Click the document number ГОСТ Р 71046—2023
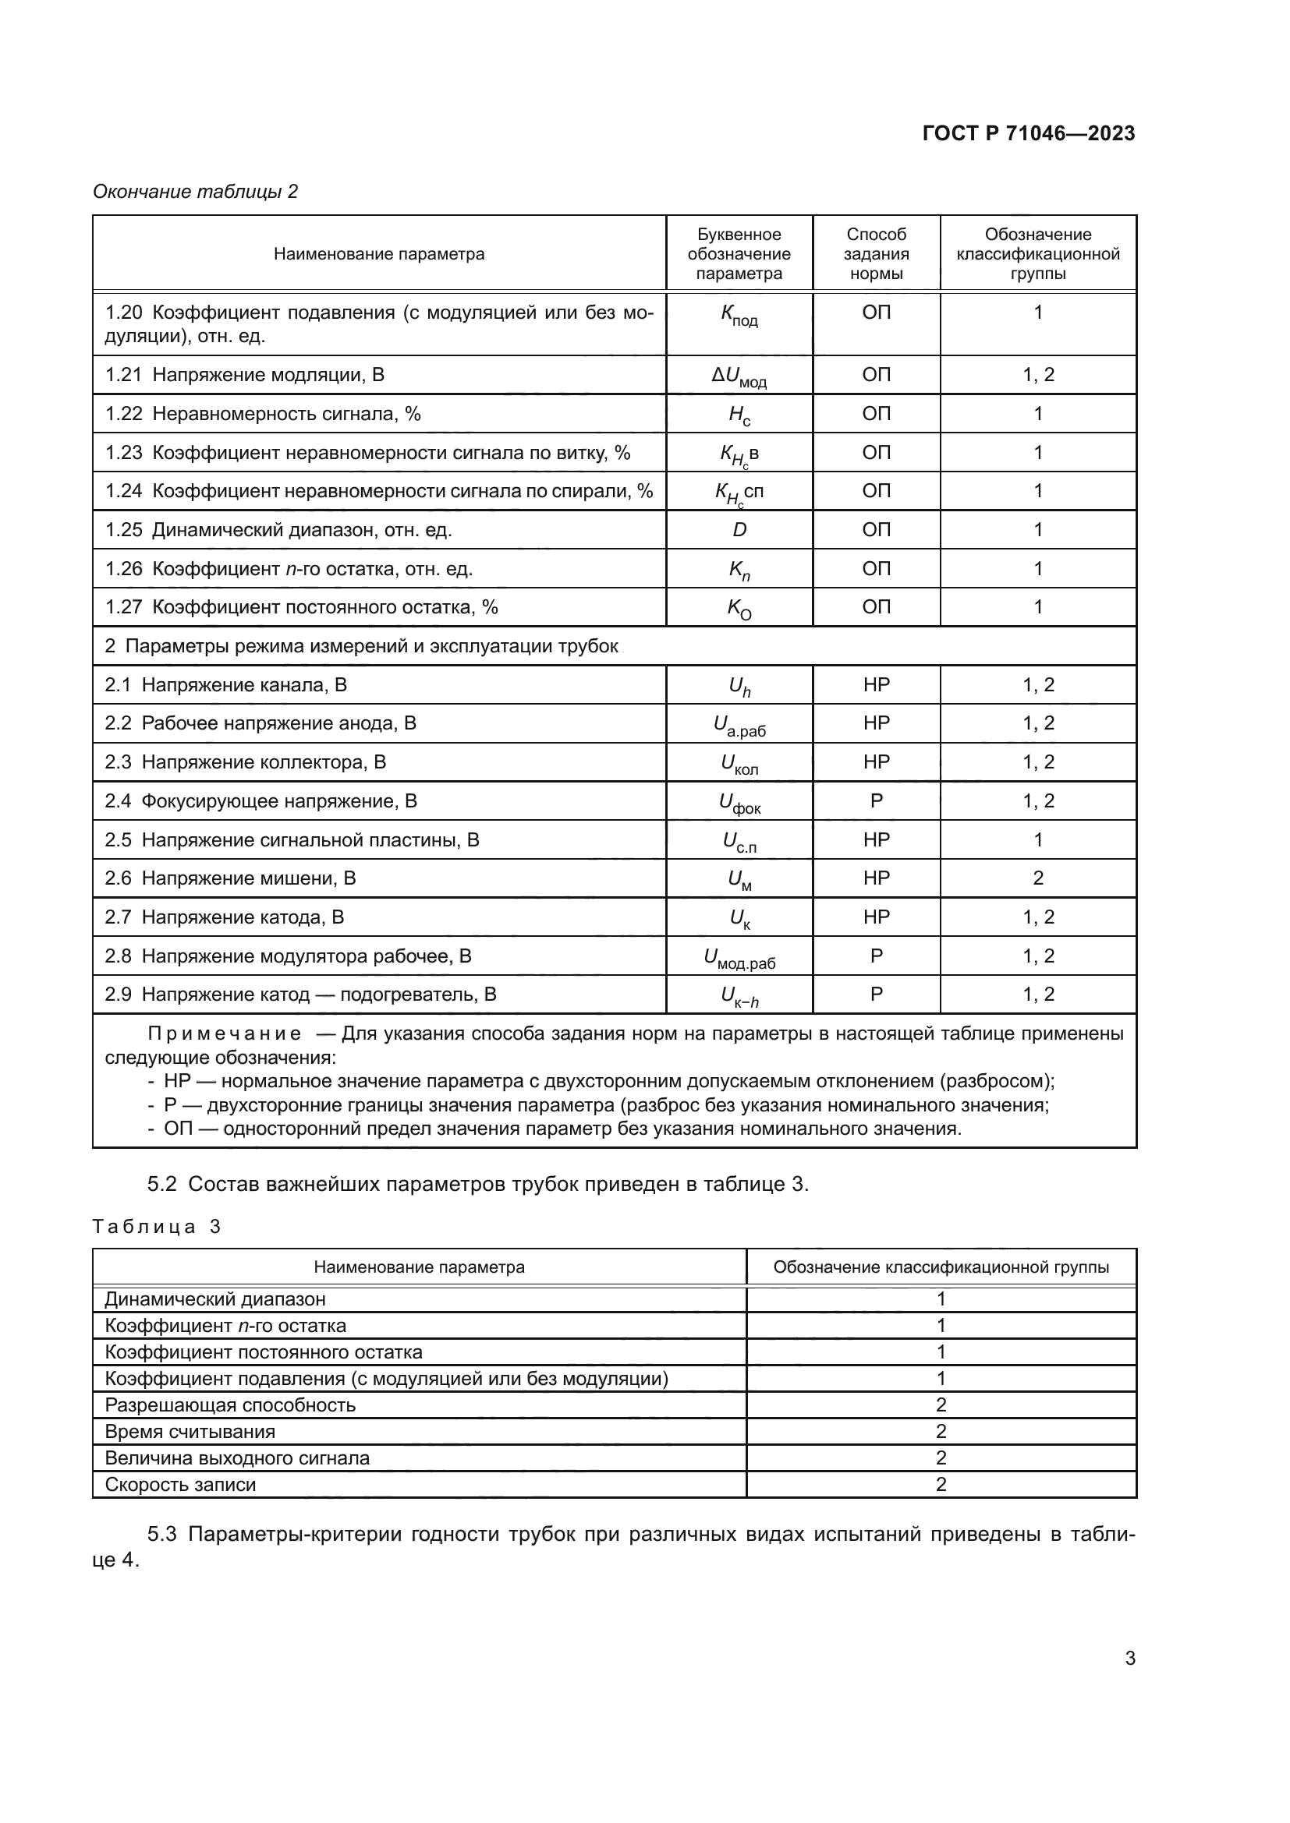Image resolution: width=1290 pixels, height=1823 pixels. coord(1028,133)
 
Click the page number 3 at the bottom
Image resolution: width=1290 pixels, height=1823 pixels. coord(1129,1658)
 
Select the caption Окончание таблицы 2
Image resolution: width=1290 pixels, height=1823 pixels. coord(196,192)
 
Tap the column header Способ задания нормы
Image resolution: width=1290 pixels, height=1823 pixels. coord(875,254)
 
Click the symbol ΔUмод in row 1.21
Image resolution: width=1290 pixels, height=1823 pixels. coord(739,376)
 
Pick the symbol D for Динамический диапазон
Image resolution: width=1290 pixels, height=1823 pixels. coord(739,529)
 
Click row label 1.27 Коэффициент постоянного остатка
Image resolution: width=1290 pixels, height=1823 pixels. coord(302,607)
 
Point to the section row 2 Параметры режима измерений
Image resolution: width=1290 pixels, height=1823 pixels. coord(361,646)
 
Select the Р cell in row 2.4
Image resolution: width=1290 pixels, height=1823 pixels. coord(876,801)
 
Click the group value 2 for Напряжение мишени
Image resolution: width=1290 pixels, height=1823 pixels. coord(1037,878)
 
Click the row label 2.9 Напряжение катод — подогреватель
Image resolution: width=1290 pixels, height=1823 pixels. coord(301,995)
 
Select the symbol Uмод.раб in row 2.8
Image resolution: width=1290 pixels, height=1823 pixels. coord(739,959)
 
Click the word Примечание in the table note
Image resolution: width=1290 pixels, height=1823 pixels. coord(225,1033)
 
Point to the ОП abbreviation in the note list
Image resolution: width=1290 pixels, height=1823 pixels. coord(178,1129)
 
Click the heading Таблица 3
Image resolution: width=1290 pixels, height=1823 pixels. coord(157,1227)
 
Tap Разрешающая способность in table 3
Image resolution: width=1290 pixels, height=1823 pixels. coord(230,1405)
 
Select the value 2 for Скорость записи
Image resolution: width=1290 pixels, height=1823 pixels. coord(941,1485)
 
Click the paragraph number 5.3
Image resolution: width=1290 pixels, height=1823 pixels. coord(162,1534)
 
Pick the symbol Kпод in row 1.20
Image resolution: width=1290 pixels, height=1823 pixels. coord(739,315)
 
